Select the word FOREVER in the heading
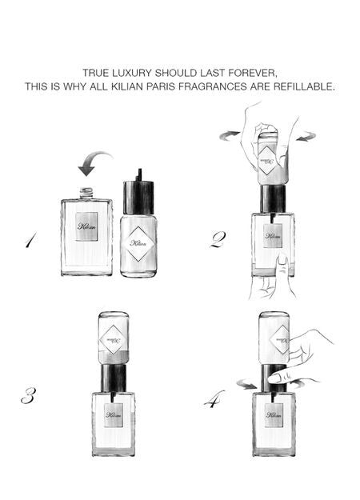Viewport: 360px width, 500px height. [254, 72]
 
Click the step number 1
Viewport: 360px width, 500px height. [30, 239]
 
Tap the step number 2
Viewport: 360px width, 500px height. [218, 239]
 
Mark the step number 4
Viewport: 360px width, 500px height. [214, 398]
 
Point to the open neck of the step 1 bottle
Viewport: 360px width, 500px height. [86, 193]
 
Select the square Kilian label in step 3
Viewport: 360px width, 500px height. [113, 415]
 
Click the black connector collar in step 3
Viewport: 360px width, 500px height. [113, 376]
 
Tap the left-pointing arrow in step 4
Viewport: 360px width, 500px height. [248, 386]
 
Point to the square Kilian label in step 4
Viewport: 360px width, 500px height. [274, 415]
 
